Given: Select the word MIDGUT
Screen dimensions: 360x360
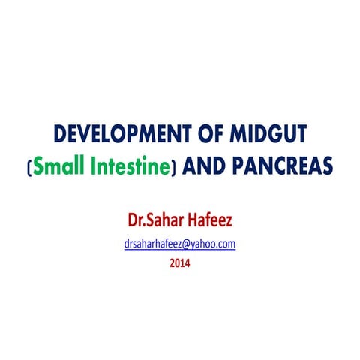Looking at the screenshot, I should click(266, 135).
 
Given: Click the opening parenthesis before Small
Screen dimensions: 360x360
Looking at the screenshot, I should click(30, 167).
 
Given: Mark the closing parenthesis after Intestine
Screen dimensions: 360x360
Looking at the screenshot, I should click(174, 167).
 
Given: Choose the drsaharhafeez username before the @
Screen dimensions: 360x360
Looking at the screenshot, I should click(156, 245).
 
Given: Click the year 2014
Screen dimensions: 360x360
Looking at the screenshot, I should click(180, 263).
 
